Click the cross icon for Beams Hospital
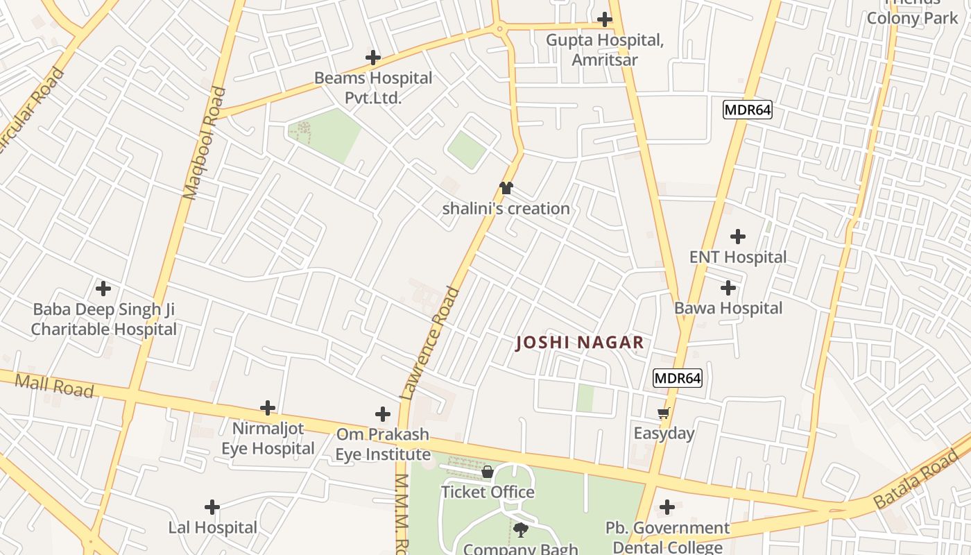pyautogui.click(x=373, y=58)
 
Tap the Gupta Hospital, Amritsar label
pyautogui.click(x=604, y=49)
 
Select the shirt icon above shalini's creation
pyautogui.click(x=506, y=188)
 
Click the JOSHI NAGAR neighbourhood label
pyautogui.click(x=580, y=342)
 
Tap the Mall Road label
pyautogui.click(x=54, y=385)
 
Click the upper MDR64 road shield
pyautogui.click(x=747, y=110)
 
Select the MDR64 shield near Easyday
pyautogui.click(x=678, y=378)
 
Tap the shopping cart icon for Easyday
pyautogui.click(x=664, y=413)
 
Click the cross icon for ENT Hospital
pyautogui.click(x=738, y=237)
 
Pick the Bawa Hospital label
pyautogui.click(x=728, y=308)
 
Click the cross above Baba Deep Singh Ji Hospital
pyautogui.click(x=103, y=288)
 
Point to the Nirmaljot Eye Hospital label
pyautogui.click(x=268, y=438)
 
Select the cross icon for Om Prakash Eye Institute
pyautogui.click(x=383, y=414)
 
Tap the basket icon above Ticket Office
pyautogui.click(x=488, y=472)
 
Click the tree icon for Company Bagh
pyautogui.click(x=520, y=531)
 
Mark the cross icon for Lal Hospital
pyautogui.click(x=212, y=507)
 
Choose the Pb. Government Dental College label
pyautogui.click(x=667, y=537)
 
